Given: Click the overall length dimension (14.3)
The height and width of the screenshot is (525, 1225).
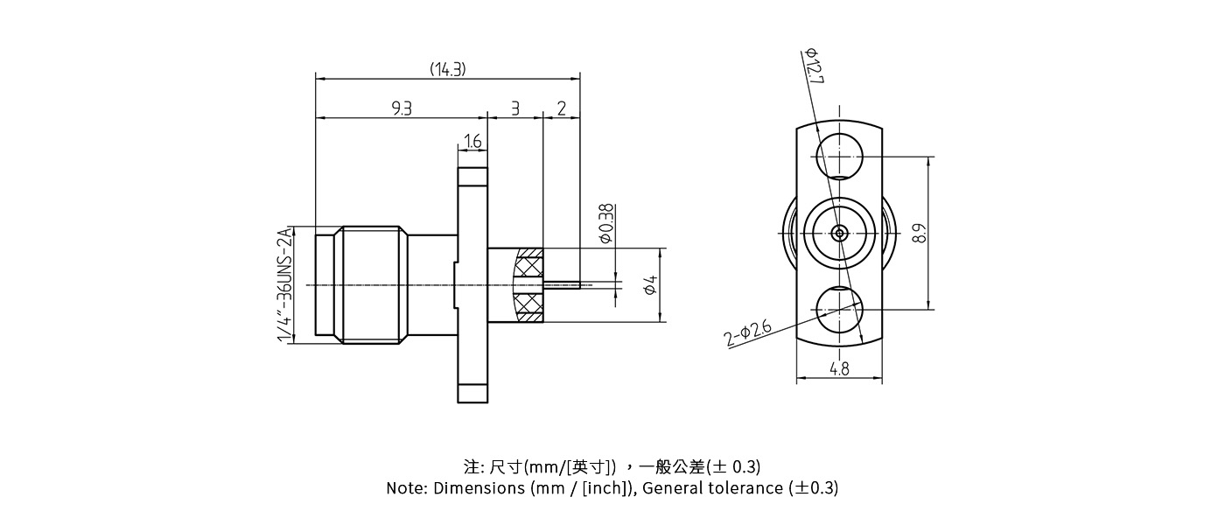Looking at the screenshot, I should point(447,69).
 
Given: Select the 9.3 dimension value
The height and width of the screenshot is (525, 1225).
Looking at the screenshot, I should point(402,108).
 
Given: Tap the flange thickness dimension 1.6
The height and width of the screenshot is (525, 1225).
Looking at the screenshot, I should point(472,141).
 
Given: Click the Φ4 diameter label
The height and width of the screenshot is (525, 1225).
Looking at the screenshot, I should point(650,284).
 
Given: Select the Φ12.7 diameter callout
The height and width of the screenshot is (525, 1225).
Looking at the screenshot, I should point(814,66).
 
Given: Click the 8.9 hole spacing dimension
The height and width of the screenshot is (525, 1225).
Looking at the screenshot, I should point(918,233).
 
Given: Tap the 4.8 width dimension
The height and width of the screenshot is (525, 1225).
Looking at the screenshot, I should point(839,369).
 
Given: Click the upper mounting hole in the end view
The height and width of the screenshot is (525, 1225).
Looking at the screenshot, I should point(839,158).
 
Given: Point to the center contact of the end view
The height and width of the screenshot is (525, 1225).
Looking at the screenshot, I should point(839,233).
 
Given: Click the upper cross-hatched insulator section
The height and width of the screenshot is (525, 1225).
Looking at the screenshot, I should point(529,262).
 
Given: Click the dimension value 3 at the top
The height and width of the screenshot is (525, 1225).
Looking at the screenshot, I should point(515,108).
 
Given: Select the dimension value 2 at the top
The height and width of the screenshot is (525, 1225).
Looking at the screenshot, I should point(562,108).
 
